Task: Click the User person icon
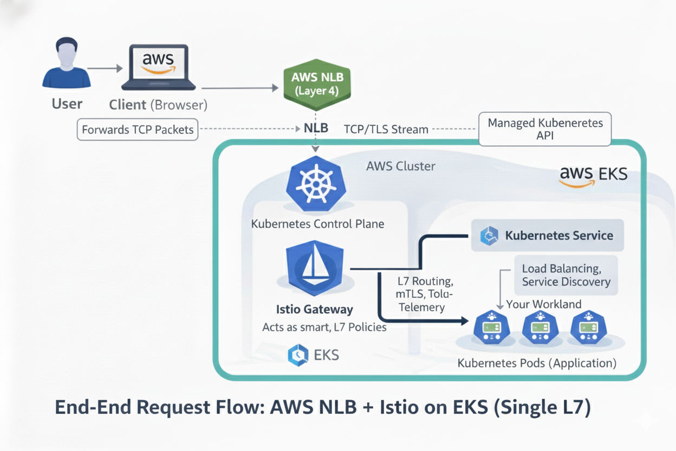tap(66, 64)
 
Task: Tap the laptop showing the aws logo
tap(158, 67)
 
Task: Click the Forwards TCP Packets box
tap(137, 130)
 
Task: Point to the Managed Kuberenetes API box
tap(545, 129)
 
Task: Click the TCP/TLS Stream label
tap(386, 130)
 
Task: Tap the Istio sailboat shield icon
tap(314, 269)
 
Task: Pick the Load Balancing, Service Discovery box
tap(565, 275)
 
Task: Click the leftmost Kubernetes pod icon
tap(491, 328)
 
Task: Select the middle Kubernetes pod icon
tap(539, 328)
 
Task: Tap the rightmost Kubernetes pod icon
tap(588, 328)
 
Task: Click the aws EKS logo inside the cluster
tap(593, 175)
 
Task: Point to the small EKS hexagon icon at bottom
tap(298, 355)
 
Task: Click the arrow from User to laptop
tap(106, 68)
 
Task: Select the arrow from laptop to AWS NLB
tap(239, 87)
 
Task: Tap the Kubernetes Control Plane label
tap(317, 223)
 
